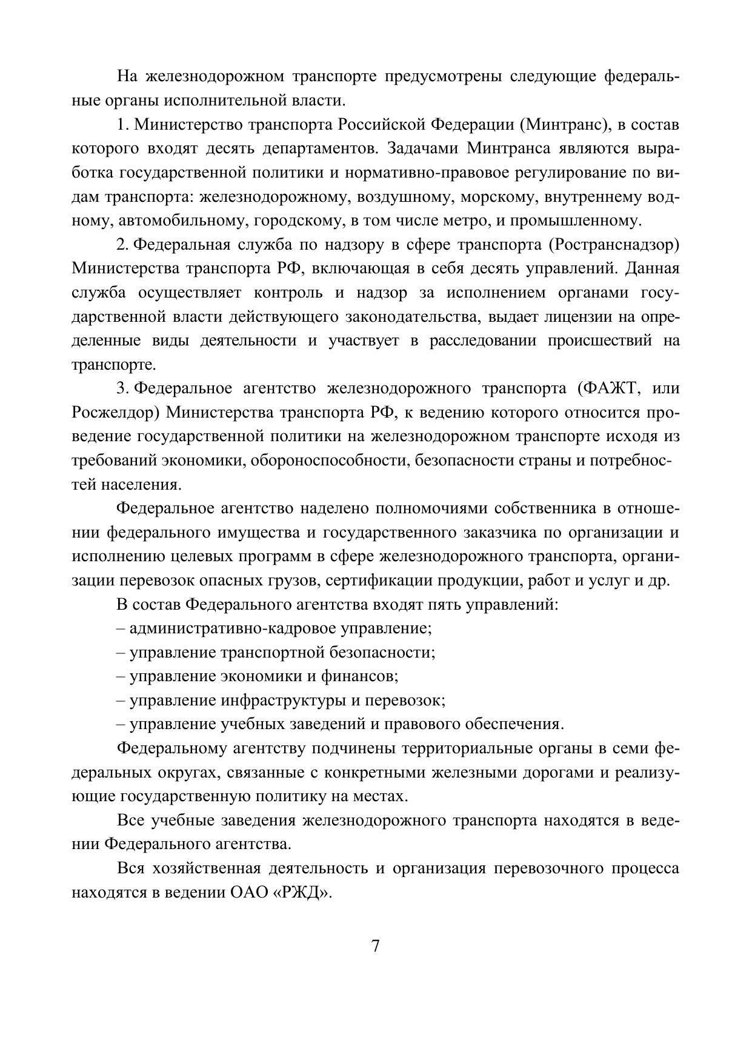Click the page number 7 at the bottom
[x=375, y=946]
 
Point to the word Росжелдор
[x=115, y=413]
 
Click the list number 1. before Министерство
[x=123, y=125]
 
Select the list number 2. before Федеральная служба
[x=123, y=245]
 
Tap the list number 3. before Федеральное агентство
[x=123, y=388]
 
